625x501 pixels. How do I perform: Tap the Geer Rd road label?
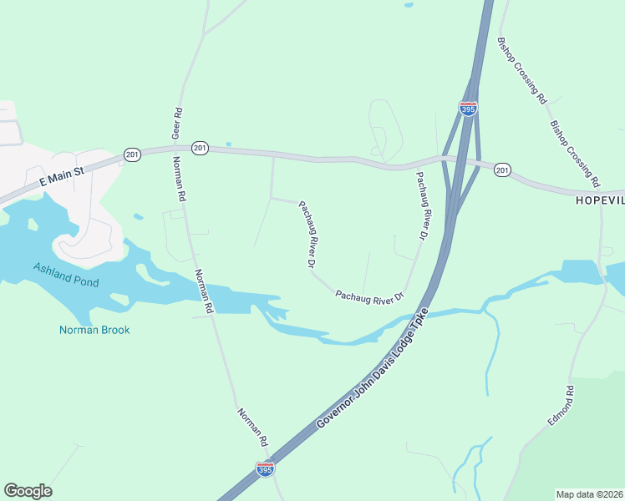pos(176,124)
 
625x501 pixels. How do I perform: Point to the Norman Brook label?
pos(94,330)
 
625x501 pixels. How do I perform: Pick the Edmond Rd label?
pos(560,407)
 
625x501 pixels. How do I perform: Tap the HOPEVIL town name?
pos(600,201)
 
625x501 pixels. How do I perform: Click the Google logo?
pos(28,491)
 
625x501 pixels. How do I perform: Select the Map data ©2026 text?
pos(588,494)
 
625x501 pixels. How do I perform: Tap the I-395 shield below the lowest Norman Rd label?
pos(265,469)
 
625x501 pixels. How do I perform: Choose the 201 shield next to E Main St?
pos(132,154)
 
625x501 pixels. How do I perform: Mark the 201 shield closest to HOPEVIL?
pos(502,170)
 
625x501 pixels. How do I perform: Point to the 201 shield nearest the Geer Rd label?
pos(199,148)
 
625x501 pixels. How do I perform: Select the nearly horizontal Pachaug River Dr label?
pos(369,296)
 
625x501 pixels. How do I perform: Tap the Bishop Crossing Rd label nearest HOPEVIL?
pos(575,153)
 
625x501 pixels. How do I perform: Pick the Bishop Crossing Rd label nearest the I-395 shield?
pos(521,69)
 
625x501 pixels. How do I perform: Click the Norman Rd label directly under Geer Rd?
pos(179,180)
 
